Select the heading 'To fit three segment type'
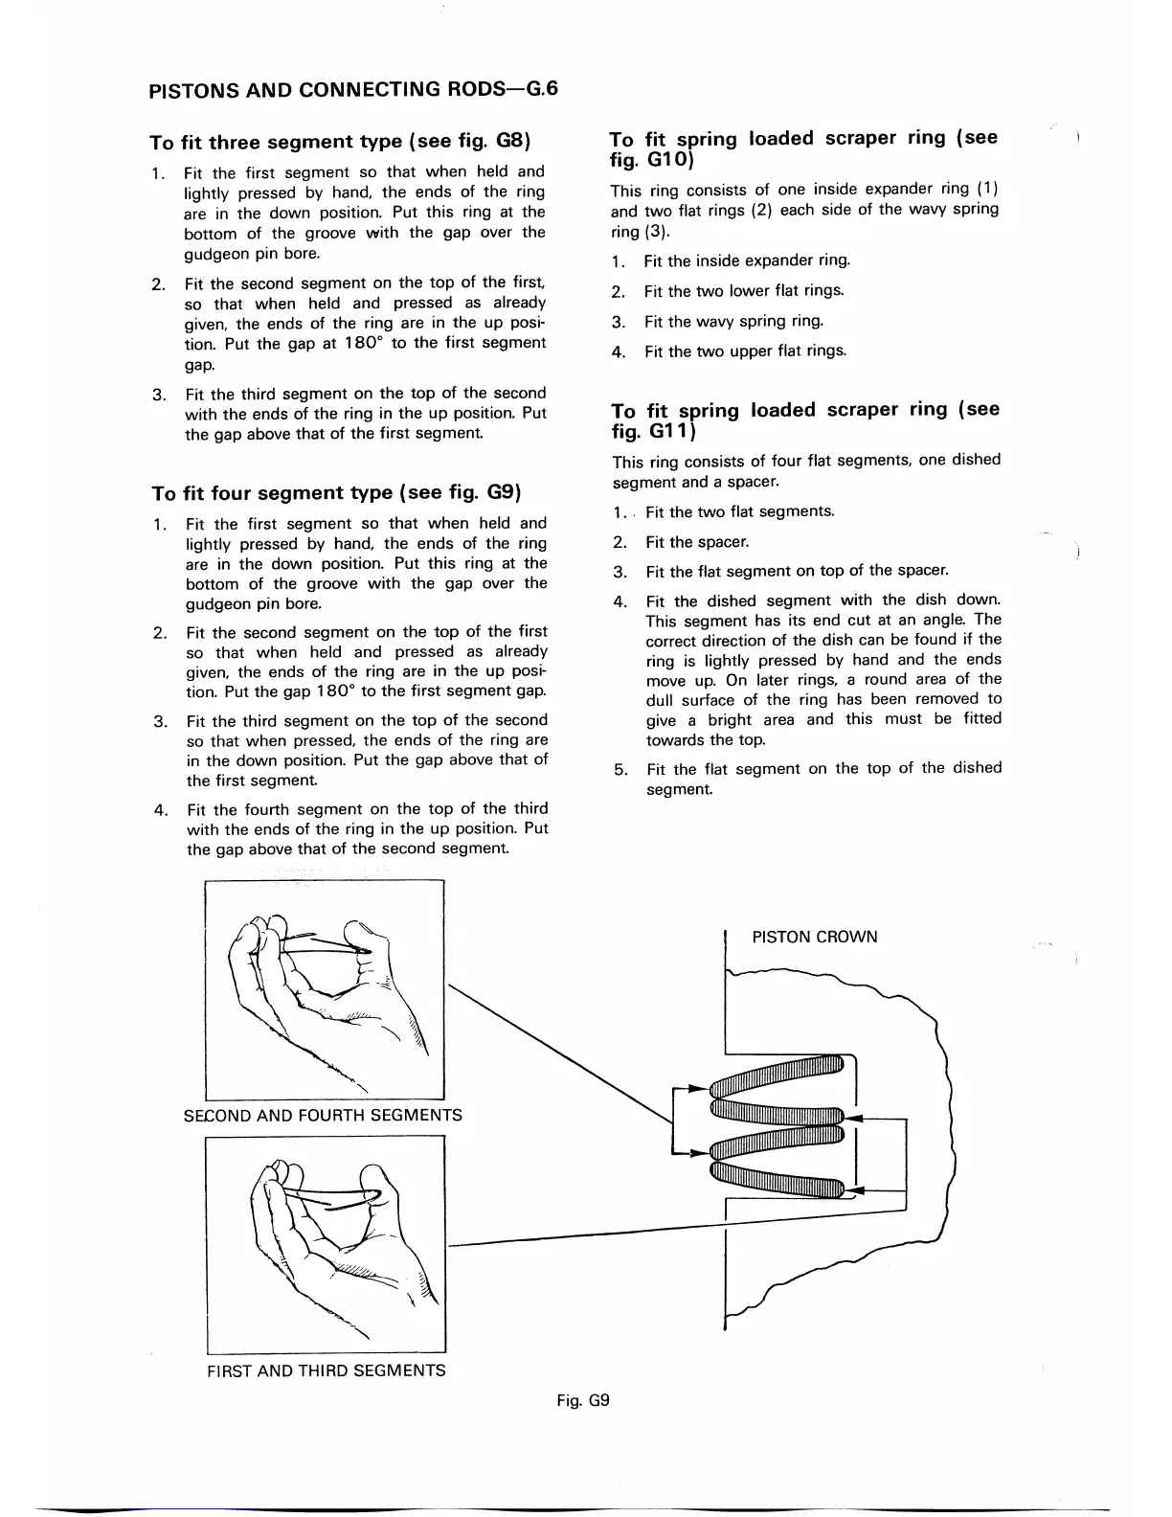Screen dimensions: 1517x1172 pos(341,142)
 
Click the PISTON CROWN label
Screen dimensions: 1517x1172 pos(814,937)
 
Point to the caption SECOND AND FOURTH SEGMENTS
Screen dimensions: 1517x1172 pos(323,1115)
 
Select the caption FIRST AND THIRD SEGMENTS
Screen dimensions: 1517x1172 pos(327,1370)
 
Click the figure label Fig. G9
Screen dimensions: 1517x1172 pos(583,1400)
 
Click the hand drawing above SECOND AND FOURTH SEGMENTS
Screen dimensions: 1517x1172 pos(325,990)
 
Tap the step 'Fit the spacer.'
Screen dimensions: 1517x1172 pos(697,542)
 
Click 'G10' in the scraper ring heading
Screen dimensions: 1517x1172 pos(666,158)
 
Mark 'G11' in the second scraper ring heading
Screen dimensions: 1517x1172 pos(666,431)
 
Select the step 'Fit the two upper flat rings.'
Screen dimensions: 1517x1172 pos(745,351)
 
